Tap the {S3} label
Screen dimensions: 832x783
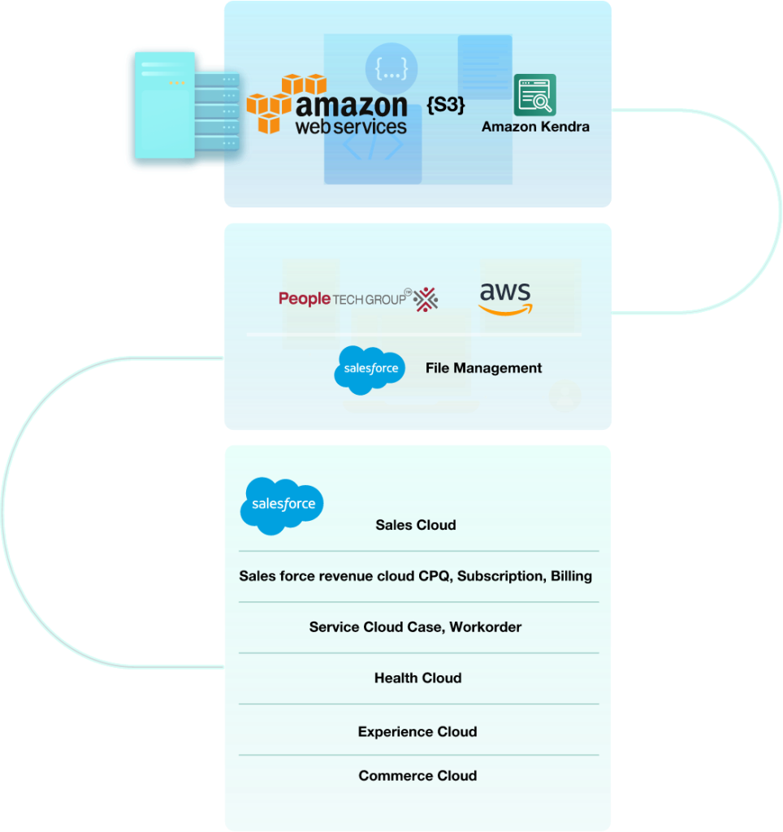(x=445, y=105)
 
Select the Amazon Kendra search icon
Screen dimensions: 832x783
(x=534, y=95)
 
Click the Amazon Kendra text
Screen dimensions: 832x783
(x=535, y=127)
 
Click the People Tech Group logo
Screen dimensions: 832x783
(x=358, y=299)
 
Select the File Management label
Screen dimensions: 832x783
(x=483, y=368)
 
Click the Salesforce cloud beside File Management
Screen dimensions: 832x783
(x=370, y=369)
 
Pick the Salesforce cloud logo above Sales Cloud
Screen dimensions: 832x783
(x=282, y=505)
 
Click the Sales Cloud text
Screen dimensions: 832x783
(x=415, y=525)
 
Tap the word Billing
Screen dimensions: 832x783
(x=571, y=576)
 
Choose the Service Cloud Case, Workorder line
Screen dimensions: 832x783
(x=415, y=627)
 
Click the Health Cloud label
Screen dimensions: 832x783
(x=417, y=678)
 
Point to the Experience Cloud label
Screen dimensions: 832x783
(x=417, y=732)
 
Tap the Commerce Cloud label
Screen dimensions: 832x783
(x=417, y=776)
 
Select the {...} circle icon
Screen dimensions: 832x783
(x=391, y=70)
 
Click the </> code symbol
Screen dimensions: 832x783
(x=373, y=146)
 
